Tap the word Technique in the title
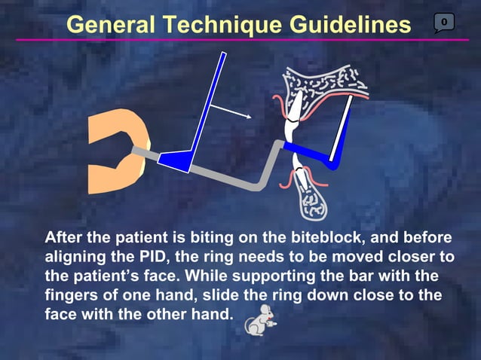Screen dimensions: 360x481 (219, 24)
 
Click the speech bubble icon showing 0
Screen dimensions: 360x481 (444, 23)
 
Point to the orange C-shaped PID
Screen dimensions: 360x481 (106, 154)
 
